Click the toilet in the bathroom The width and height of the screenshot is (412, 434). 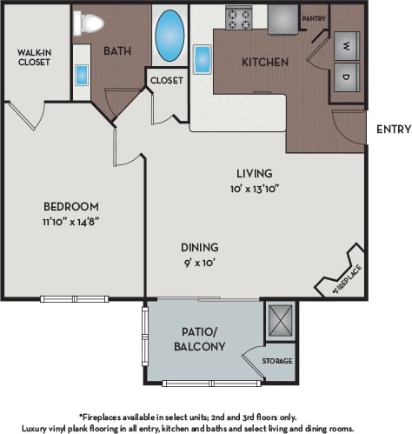[x=84, y=23]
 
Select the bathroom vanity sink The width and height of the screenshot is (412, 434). [x=82, y=75]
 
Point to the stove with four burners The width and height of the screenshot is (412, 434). [x=238, y=17]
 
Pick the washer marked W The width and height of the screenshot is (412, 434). [x=346, y=45]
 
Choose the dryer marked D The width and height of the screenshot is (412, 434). [x=346, y=77]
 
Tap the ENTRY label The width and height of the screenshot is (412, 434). [x=392, y=129]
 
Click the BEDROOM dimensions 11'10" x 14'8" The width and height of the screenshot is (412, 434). [x=72, y=222]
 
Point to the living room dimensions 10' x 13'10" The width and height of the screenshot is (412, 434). [x=253, y=187]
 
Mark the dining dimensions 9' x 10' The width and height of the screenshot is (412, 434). [x=200, y=262]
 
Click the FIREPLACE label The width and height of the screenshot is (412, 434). [x=347, y=280]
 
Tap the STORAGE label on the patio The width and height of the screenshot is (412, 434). [x=278, y=361]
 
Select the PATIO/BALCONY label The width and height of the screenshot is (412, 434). [x=199, y=339]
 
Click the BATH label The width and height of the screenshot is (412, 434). [x=117, y=50]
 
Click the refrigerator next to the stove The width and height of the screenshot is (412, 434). [x=282, y=16]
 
